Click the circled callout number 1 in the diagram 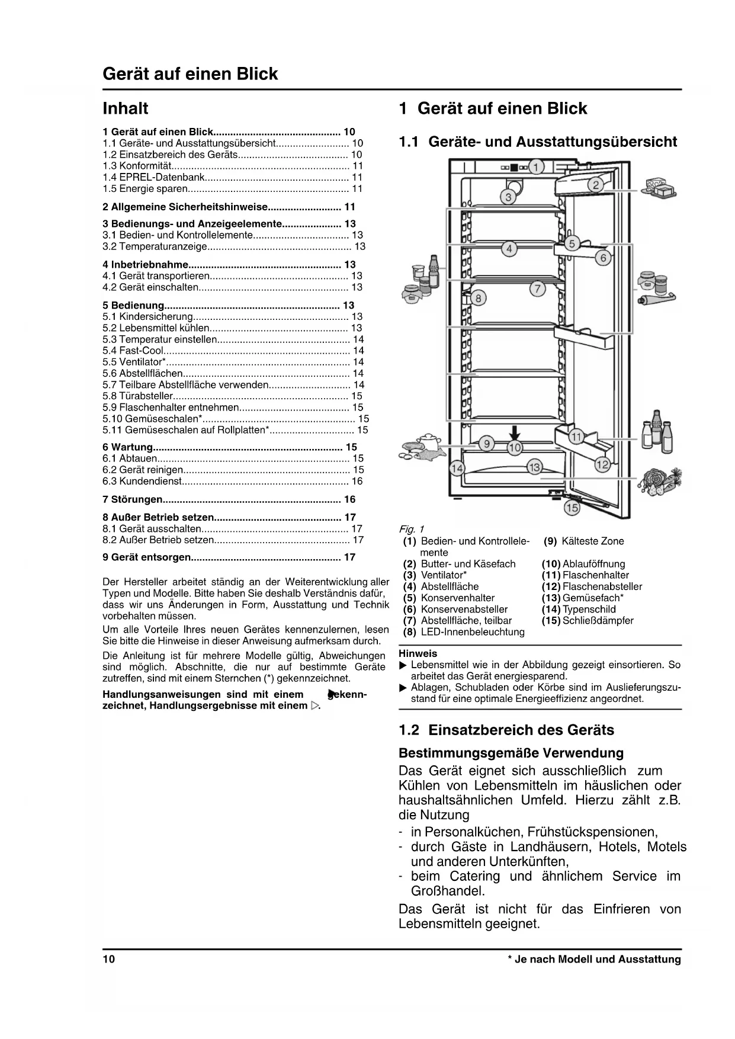click(536, 167)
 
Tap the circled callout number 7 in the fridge click(537, 289)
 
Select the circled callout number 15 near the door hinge click(572, 508)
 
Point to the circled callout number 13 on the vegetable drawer click(534, 467)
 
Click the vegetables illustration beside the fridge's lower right click(659, 481)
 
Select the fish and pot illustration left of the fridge click(422, 447)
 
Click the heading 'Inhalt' click(126, 108)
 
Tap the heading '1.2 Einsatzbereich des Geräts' click(506, 730)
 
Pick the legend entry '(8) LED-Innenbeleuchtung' click(464, 632)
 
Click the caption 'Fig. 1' click(412, 529)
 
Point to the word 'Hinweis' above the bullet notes click(418, 653)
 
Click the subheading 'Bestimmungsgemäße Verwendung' click(511, 753)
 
